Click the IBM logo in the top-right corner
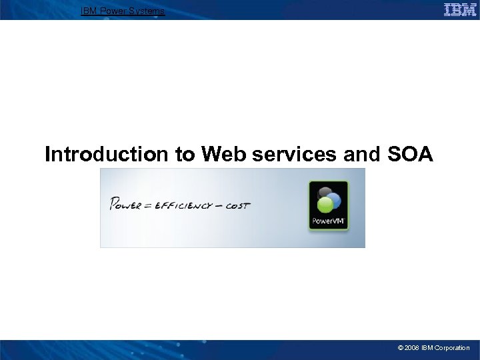pos(460,9)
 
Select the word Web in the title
pos(221,155)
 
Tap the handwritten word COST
pos(237,205)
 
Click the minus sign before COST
pos(219,205)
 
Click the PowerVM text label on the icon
pos(328,221)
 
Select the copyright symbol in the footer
pos(400,348)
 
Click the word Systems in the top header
pos(149,11)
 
